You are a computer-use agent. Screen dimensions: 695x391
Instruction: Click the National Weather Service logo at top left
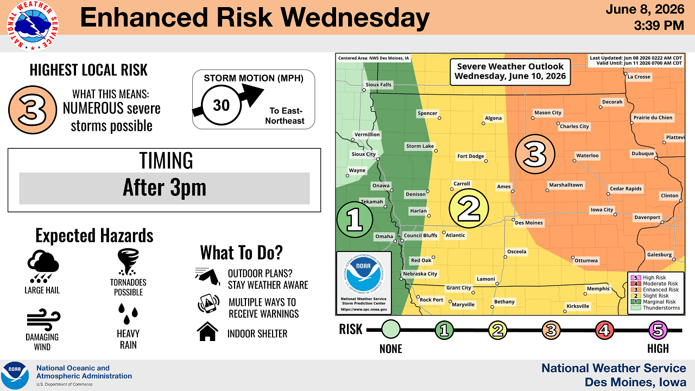click(x=33, y=26)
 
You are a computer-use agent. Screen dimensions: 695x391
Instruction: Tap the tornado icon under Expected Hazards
click(x=128, y=262)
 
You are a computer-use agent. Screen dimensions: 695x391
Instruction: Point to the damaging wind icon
click(x=43, y=320)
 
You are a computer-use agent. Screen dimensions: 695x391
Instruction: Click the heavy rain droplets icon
click(x=128, y=313)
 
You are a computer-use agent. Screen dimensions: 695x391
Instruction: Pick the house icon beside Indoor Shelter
click(x=207, y=331)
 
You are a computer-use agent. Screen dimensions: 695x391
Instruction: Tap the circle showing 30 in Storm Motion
click(x=221, y=105)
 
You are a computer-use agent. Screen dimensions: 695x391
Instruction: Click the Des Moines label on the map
click(x=529, y=223)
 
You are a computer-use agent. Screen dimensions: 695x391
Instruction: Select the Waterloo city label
click(x=587, y=155)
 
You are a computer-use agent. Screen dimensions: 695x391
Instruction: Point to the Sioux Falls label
click(x=378, y=85)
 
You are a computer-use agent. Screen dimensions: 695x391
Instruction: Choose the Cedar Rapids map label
click(x=625, y=188)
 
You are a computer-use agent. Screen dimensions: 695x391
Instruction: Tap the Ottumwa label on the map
click(x=586, y=261)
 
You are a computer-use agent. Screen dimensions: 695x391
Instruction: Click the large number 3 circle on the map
click(x=535, y=154)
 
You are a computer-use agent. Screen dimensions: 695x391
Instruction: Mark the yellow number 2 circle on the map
click(x=469, y=208)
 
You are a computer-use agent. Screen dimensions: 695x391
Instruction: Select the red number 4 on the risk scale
click(x=604, y=330)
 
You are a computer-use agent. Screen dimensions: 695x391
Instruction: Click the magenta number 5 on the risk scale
click(x=658, y=330)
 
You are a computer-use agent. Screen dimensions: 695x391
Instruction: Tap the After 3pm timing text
click(x=165, y=188)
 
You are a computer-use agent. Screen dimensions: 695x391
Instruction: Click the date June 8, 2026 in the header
click(x=645, y=9)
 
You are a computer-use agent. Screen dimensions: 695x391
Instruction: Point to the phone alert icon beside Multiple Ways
click(x=208, y=304)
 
